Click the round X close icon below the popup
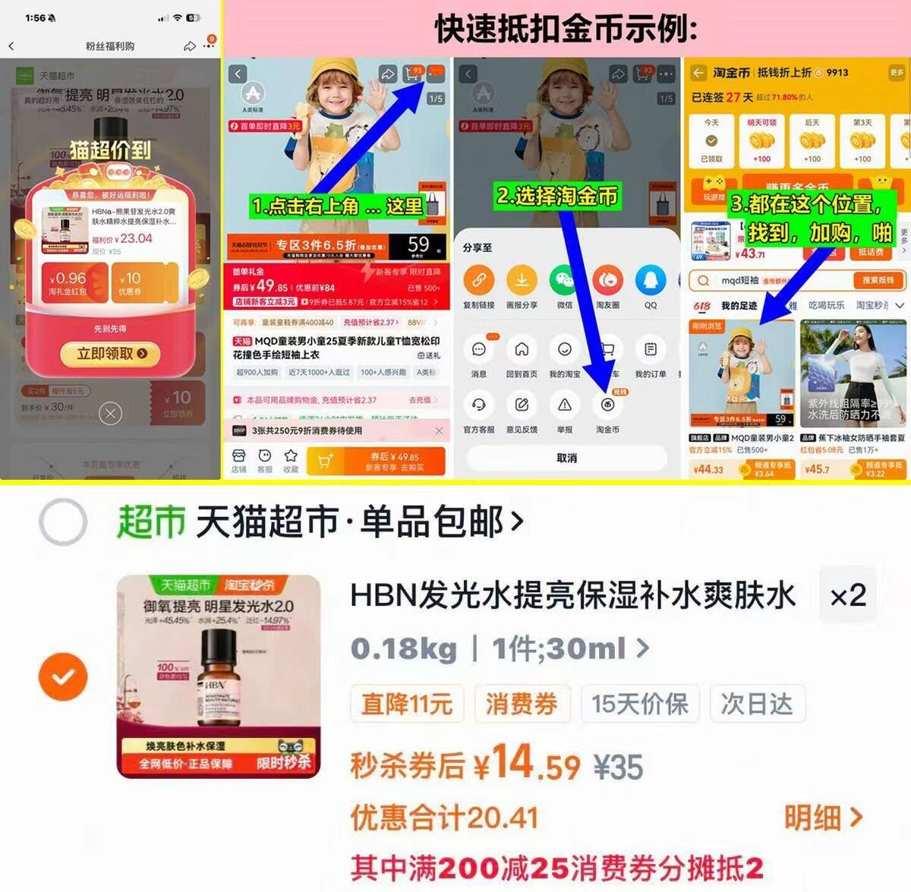tap(111, 414)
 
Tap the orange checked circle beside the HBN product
tap(63, 676)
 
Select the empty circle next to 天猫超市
tap(63, 522)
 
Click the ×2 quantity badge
tap(848, 595)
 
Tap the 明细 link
tap(823, 818)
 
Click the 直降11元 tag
tap(407, 704)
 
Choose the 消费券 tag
tap(522, 704)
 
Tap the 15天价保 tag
tap(640, 704)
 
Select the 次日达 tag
tap(757, 704)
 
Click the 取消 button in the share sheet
tap(566, 458)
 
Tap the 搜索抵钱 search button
tap(878, 281)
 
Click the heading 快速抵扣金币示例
tap(566, 30)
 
